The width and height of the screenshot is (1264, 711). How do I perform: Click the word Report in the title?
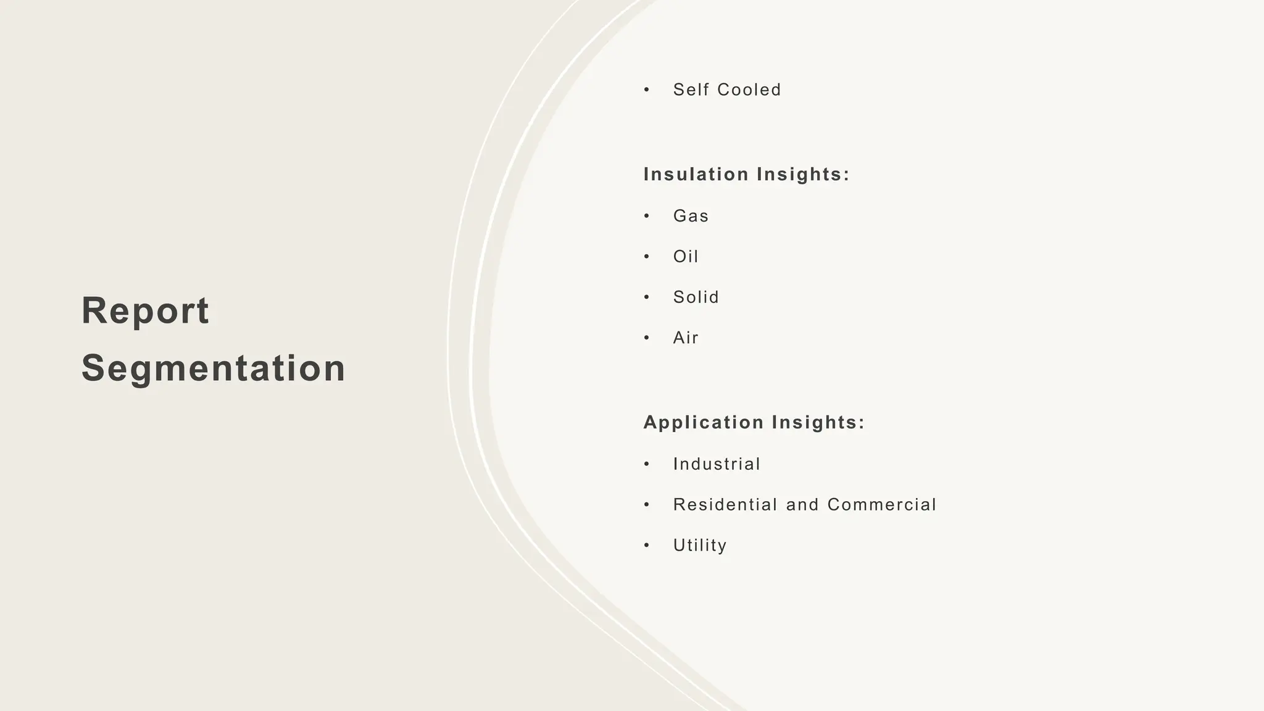pyautogui.click(x=145, y=310)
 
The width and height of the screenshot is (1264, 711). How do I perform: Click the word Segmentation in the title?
pyautogui.click(x=214, y=368)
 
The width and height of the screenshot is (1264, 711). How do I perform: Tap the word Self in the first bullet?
pyautogui.click(x=691, y=90)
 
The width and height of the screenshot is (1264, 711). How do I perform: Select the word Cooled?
pyautogui.click(x=749, y=90)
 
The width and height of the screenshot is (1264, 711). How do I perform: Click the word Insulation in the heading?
pyautogui.click(x=696, y=175)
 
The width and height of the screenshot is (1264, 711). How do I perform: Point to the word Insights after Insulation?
pyautogui.click(x=803, y=175)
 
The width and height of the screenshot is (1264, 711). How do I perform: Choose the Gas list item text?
pyautogui.click(x=691, y=216)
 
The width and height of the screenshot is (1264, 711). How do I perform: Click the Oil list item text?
pyautogui.click(x=686, y=257)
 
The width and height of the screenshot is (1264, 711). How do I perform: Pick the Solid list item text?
pyautogui.click(x=696, y=297)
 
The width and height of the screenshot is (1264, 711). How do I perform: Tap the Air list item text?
pyautogui.click(x=686, y=338)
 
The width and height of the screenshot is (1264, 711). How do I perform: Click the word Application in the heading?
pyautogui.click(x=704, y=423)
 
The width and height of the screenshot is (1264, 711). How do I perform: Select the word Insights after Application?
pyautogui.click(x=818, y=423)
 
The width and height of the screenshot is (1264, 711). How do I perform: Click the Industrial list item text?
pyautogui.click(x=717, y=464)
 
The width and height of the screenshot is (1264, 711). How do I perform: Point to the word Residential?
pyautogui.click(x=725, y=505)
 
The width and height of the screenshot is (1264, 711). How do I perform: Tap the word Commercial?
pyautogui.click(x=882, y=505)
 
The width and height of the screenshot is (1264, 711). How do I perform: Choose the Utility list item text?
pyautogui.click(x=700, y=546)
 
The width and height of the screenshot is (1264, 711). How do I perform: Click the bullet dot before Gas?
pyautogui.click(x=647, y=216)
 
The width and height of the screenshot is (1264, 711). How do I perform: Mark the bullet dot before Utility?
pyautogui.click(x=647, y=546)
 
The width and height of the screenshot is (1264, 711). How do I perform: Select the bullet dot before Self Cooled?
pyautogui.click(x=647, y=90)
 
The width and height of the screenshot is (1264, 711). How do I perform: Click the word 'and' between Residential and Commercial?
pyautogui.click(x=802, y=505)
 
